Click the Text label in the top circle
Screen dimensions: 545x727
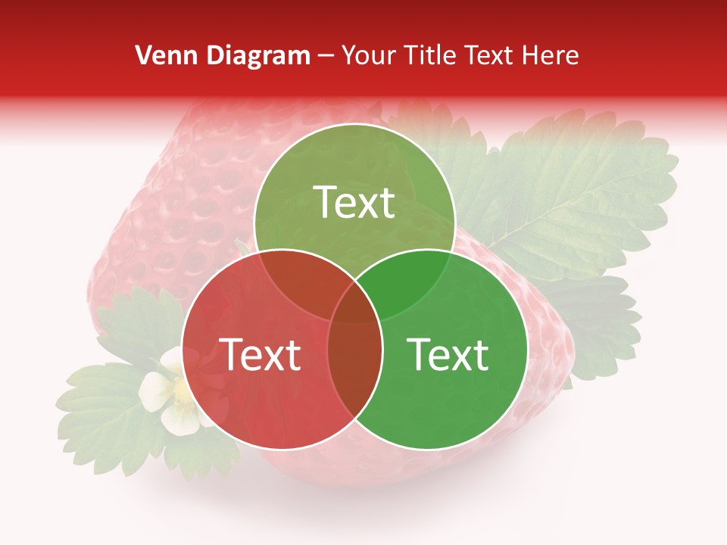click(x=354, y=202)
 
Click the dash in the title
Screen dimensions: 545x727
click(x=326, y=55)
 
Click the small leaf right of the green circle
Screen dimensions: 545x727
click(x=598, y=318)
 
